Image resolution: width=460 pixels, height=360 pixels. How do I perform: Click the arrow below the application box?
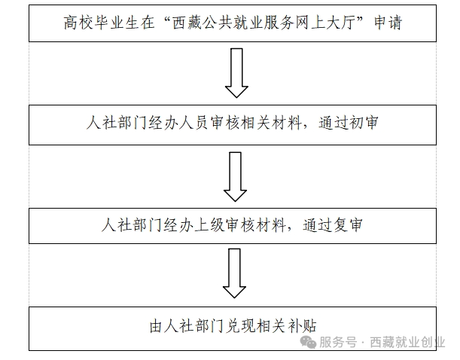(x=236, y=73)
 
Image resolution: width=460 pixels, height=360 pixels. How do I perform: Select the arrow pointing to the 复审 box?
(x=235, y=177)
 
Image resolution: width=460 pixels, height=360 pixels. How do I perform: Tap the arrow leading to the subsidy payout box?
(x=234, y=273)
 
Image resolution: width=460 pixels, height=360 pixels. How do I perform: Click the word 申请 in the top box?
(x=388, y=23)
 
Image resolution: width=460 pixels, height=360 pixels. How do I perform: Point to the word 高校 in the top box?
(x=78, y=23)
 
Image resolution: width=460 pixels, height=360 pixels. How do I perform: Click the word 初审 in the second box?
(x=364, y=122)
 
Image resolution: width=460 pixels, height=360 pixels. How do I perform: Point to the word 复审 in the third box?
(x=349, y=225)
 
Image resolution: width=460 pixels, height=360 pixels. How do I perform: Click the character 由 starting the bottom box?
(x=156, y=326)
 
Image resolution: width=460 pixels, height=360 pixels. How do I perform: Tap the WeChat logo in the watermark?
(x=308, y=342)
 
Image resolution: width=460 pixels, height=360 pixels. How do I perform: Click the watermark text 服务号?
(x=338, y=342)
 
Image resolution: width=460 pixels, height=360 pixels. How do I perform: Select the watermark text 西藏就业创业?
(x=407, y=342)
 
